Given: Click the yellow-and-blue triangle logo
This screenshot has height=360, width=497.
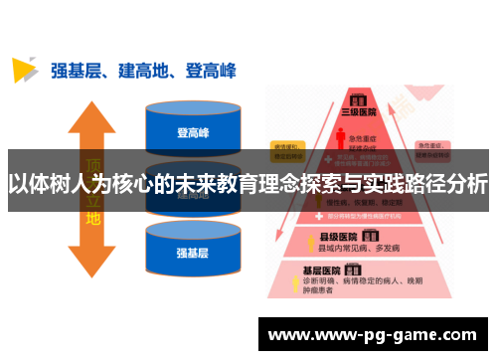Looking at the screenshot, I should pos(24,70).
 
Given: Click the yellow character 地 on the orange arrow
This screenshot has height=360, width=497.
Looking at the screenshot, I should pos(92,218).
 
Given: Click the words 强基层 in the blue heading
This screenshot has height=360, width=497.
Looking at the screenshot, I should pos(75,71).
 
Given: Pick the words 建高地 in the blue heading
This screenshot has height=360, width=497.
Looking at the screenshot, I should pos(141,71).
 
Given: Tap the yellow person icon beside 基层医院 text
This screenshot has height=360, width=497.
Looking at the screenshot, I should pos(295,286).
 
